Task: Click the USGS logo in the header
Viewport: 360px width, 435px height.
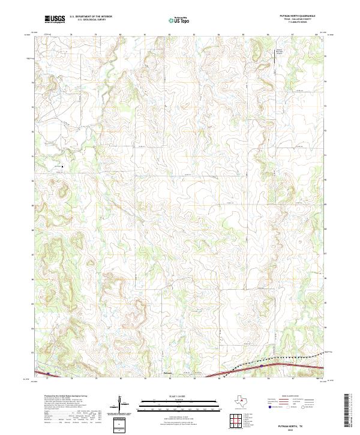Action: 55,19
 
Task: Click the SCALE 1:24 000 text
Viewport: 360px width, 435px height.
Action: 170,396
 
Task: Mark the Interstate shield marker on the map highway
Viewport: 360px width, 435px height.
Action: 262,364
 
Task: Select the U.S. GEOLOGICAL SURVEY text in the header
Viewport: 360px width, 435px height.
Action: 89,20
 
